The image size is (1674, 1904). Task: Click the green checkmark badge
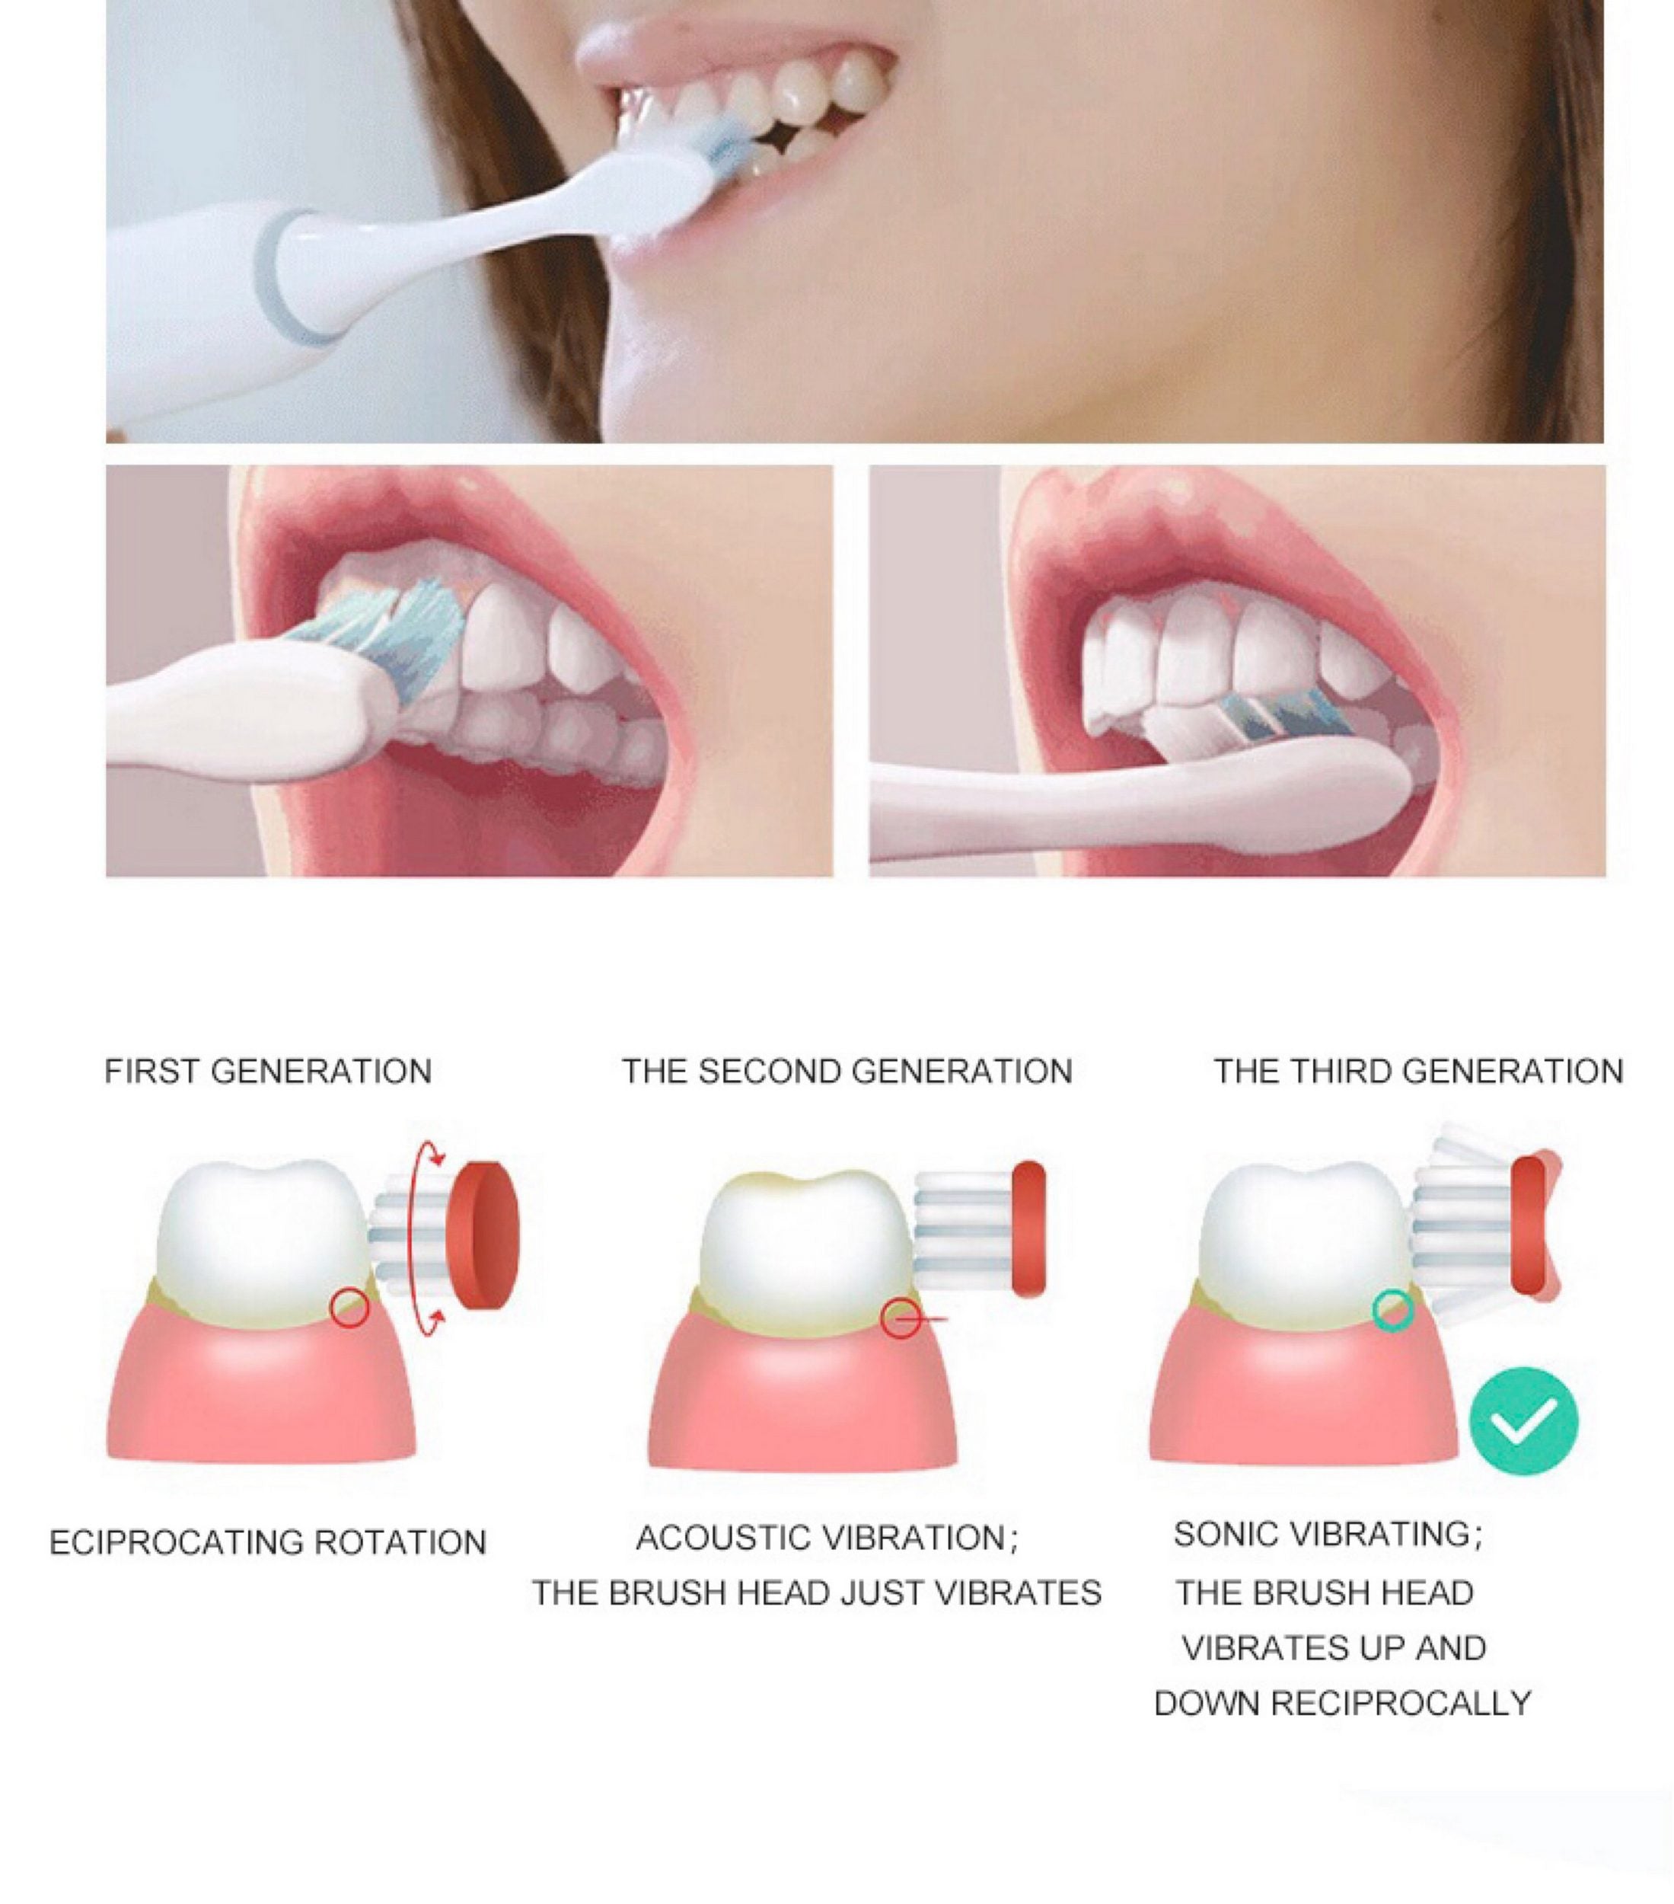tap(1523, 1420)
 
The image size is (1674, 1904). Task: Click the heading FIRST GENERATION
tap(267, 1072)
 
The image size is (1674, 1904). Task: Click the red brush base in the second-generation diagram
tap(1028, 1228)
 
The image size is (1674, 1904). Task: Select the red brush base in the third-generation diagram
tap(1529, 1226)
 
